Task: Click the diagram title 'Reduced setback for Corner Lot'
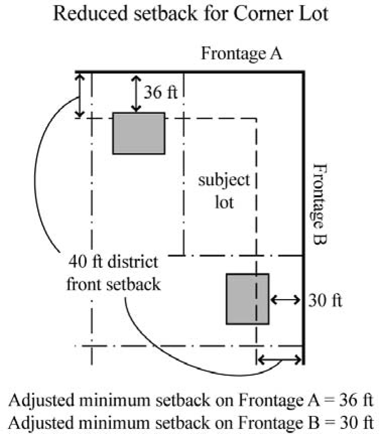190,14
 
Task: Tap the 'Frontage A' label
242,53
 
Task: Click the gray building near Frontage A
138,133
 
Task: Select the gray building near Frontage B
247,299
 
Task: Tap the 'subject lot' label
223,192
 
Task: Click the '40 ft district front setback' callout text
114,273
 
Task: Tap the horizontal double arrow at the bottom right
279,359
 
